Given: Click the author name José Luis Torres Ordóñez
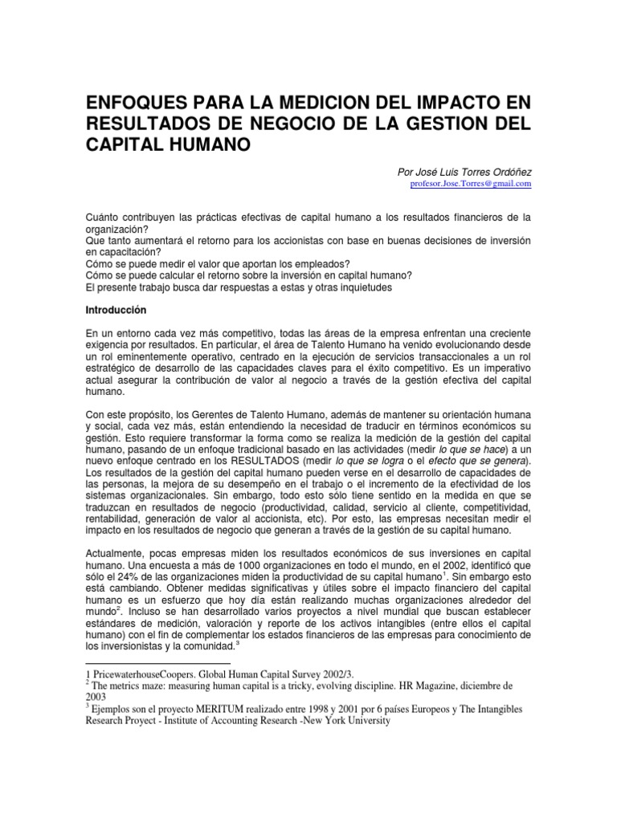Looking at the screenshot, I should click(465, 171).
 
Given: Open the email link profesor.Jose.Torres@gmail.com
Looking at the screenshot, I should click(471, 184).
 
